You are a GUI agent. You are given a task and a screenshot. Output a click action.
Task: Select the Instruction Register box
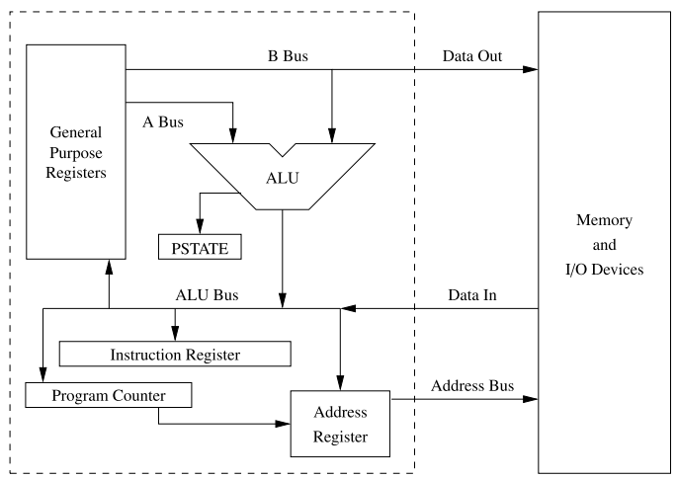coord(175,354)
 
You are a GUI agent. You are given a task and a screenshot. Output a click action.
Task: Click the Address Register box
coord(341,422)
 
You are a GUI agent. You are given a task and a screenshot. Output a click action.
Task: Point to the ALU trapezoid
coord(283,177)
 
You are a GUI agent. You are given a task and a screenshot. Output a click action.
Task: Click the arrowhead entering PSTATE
coord(201,226)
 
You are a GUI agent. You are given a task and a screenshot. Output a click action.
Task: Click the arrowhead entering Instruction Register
coord(175,334)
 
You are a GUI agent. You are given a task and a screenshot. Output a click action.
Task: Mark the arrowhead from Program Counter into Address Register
coord(283,427)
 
